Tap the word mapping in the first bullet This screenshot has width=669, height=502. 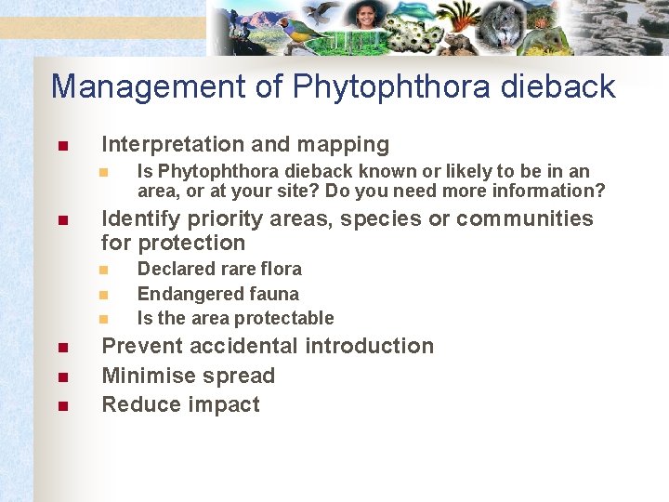click(x=348, y=144)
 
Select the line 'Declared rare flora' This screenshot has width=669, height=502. click(x=219, y=269)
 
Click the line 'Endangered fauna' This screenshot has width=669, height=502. click(x=217, y=294)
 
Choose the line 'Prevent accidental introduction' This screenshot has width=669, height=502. click(x=268, y=346)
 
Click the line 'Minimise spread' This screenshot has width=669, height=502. click(x=188, y=376)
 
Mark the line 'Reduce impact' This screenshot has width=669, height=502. click(x=180, y=404)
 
